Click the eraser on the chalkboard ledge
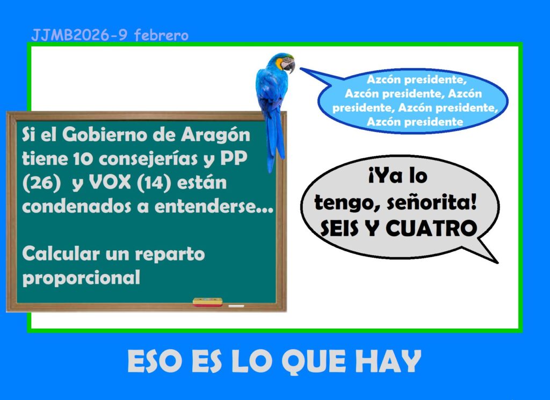208,302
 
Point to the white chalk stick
236,306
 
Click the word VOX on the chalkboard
110,183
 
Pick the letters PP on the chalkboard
234,158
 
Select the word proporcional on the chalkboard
81,278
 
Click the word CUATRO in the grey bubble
431,229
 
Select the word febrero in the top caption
161,35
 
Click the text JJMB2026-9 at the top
79,35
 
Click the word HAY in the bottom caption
388,361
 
